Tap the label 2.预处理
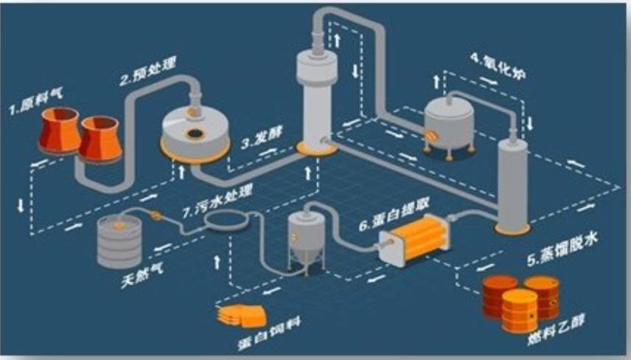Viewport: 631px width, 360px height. tap(148, 72)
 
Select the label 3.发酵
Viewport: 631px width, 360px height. tap(262, 137)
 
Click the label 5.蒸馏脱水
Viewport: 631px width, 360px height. tap(562, 249)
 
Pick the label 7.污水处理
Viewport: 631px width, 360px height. tap(217, 201)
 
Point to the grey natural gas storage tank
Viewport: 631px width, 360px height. tap(119, 241)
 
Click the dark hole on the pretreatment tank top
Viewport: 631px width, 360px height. tap(195, 134)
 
